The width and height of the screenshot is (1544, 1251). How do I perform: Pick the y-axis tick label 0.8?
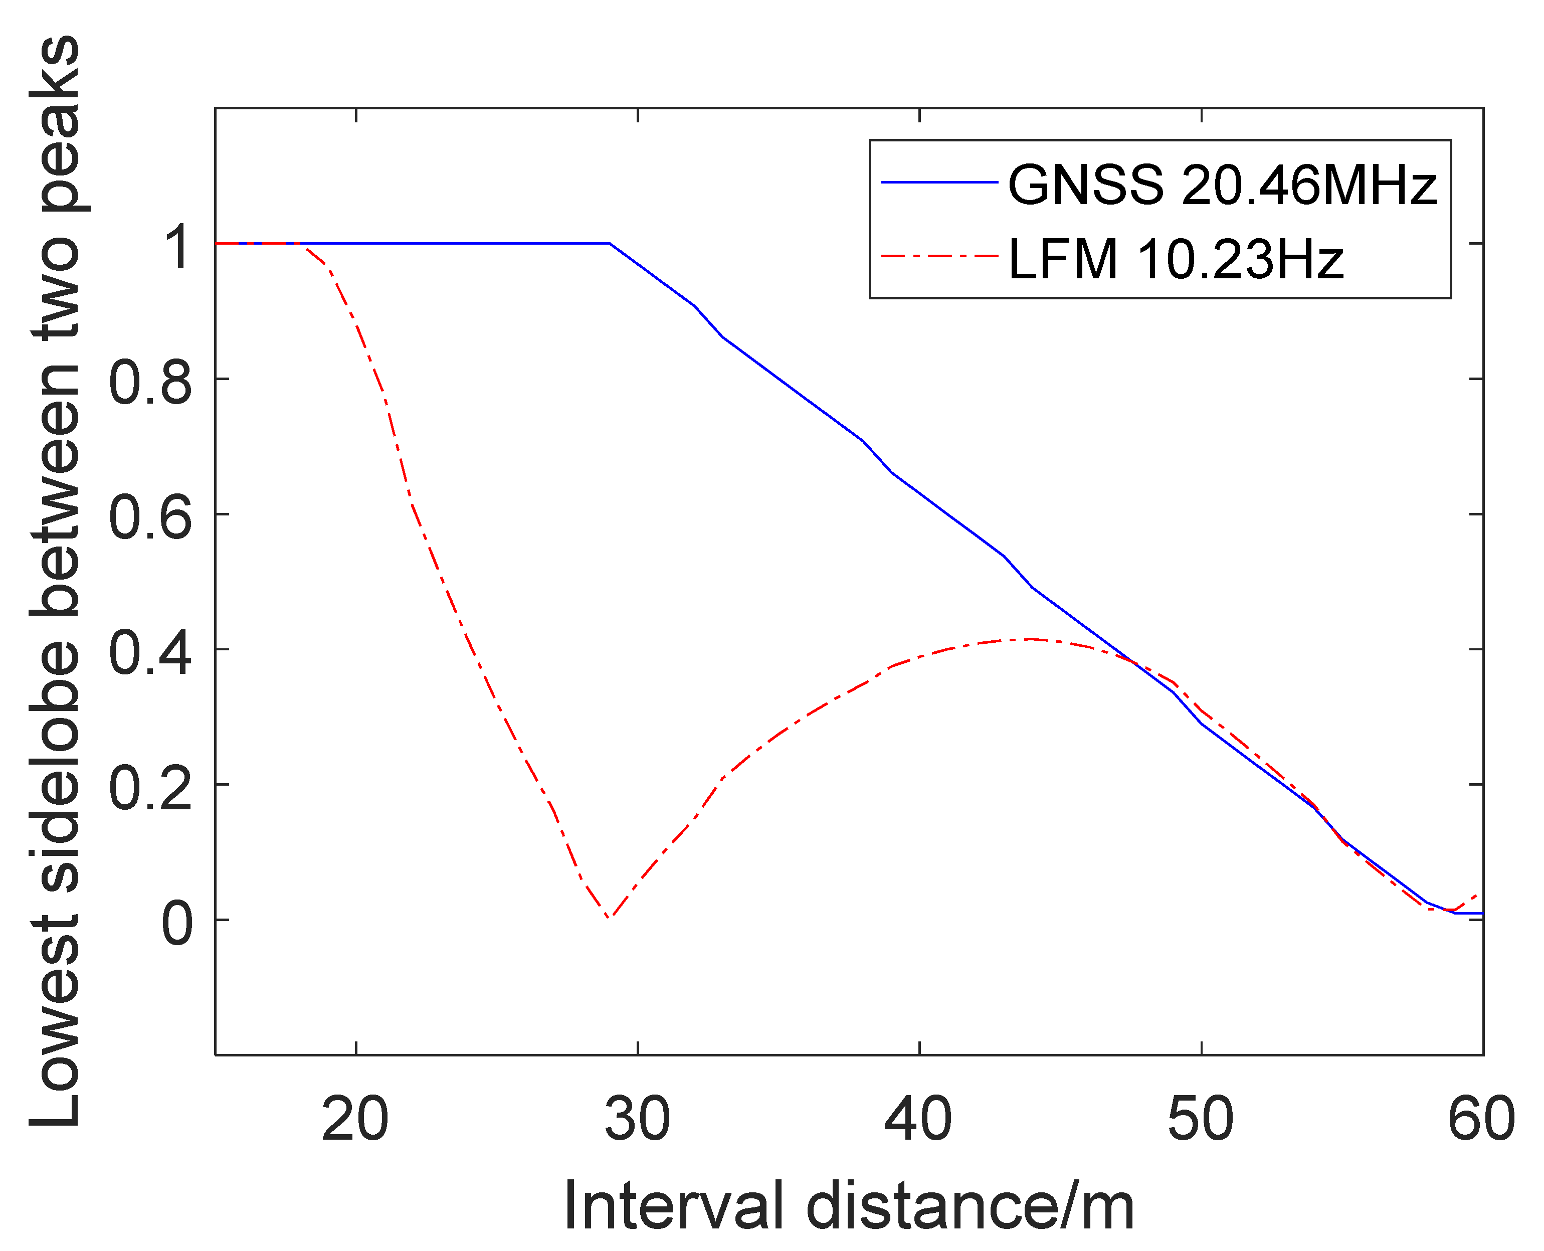tap(150, 382)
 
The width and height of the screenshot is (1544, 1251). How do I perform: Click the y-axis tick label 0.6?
tap(150, 517)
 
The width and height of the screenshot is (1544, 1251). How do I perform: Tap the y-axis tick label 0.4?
tap(150, 653)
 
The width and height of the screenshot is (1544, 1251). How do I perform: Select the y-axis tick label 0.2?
tap(150, 788)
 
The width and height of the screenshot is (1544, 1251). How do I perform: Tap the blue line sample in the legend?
tap(939, 183)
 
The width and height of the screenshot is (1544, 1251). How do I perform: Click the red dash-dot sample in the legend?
tap(939, 256)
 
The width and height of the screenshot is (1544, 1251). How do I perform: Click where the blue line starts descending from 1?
tap(610, 244)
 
